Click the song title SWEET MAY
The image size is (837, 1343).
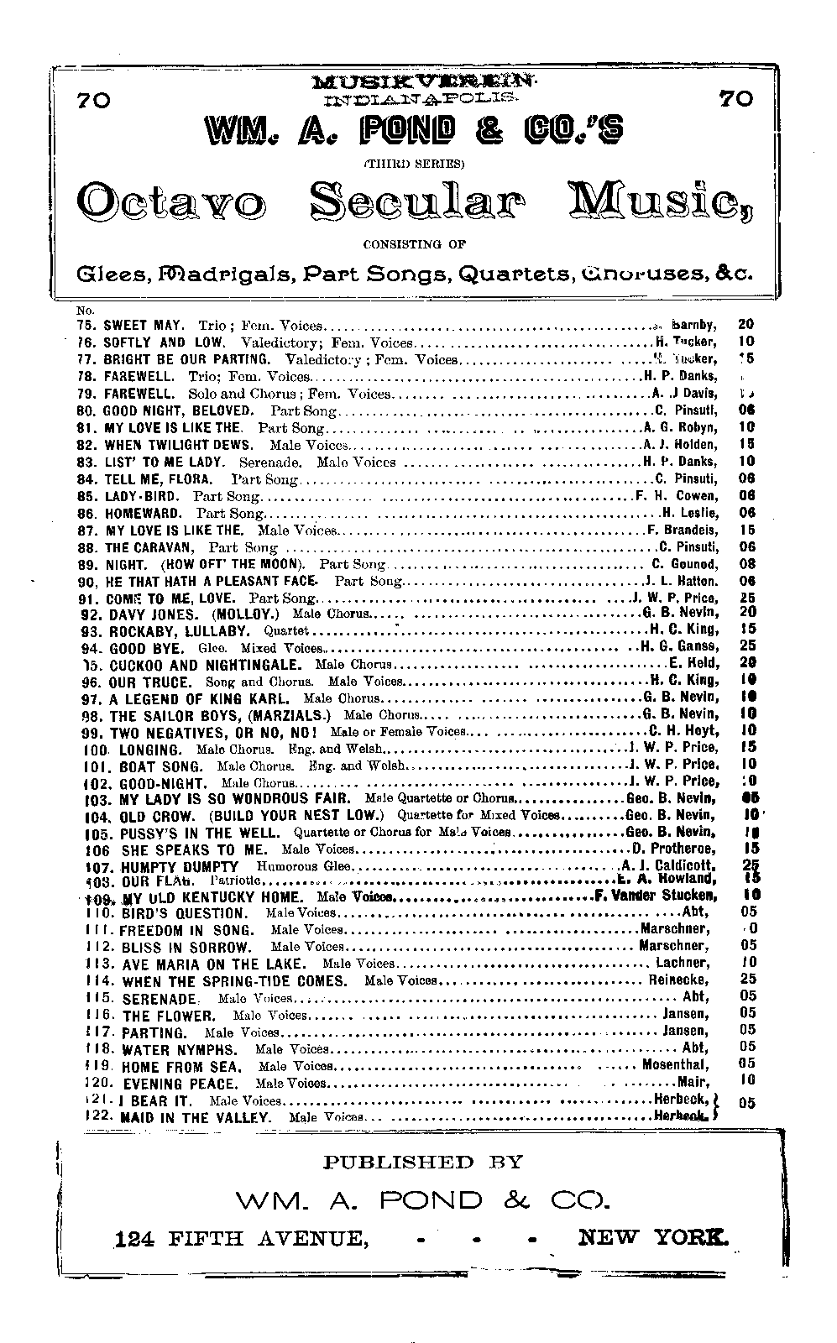[138, 324]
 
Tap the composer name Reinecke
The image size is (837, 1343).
[678, 980]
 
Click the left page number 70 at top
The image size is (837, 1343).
[92, 100]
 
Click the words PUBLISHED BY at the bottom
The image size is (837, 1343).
[422, 1163]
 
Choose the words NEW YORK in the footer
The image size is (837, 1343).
[653, 1237]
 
